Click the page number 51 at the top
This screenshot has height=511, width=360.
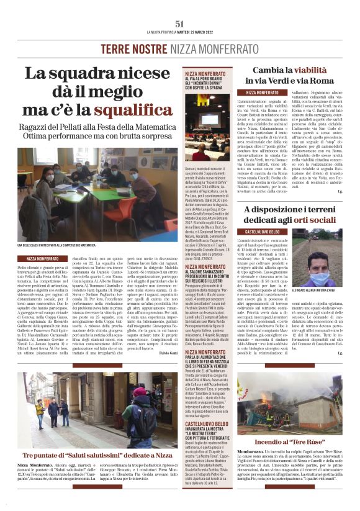tap(180, 23)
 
